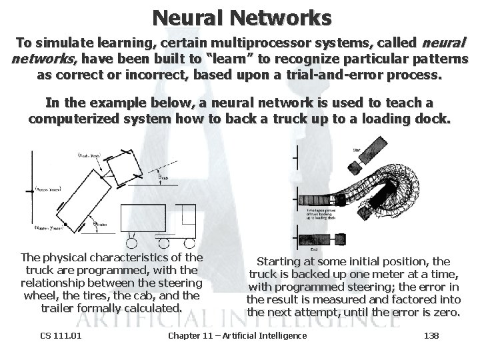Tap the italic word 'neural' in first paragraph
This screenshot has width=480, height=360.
445,44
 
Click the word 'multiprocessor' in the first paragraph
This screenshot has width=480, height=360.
237,44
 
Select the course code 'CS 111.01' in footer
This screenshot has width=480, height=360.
60,335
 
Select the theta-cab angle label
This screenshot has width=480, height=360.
161,178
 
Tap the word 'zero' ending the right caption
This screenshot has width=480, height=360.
447,312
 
